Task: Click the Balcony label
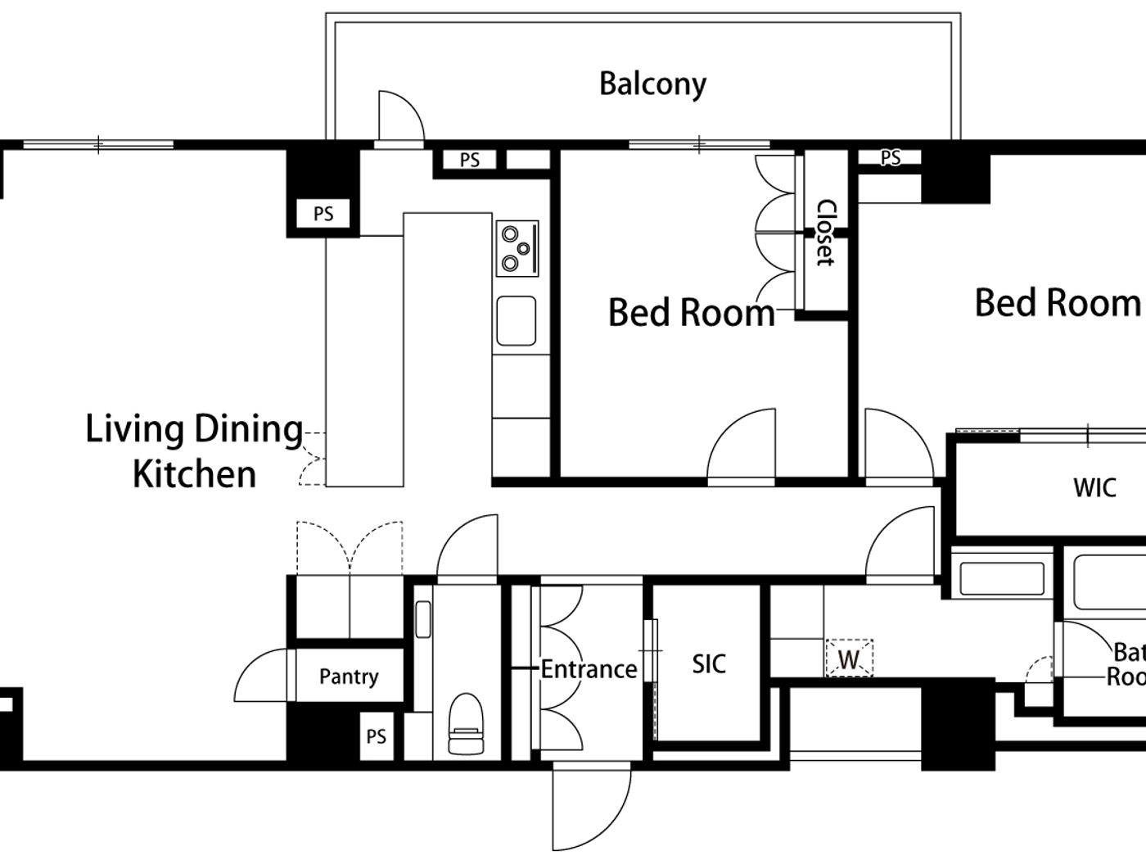(652, 84)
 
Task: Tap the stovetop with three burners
(517, 248)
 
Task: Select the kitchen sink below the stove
(517, 320)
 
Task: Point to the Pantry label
(349, 677)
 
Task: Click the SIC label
(709, 663)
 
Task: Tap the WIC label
(1094, 487)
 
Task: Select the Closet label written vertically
(825, 233)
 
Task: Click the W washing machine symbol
(849, 659)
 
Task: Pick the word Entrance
(589, 669)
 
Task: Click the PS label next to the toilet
(376, 736)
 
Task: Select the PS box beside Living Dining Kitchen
(323, 214)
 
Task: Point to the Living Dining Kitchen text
(194, 451)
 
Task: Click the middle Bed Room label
(691, 313)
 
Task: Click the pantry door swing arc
(262, 676)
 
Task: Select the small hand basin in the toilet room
(423, 619)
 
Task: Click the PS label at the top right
(891, 157)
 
